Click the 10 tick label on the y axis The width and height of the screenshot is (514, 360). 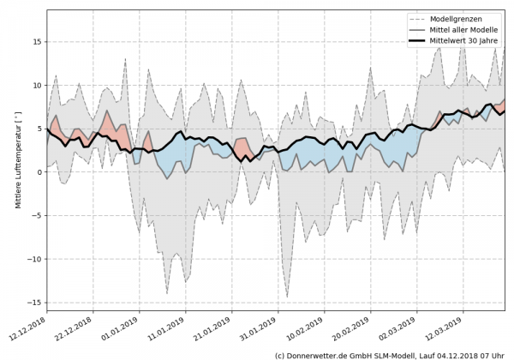point(36,85)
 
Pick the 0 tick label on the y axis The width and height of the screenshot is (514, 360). point(39,171)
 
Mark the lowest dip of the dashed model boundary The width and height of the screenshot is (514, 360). point(287,297)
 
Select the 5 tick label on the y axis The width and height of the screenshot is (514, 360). point(39,129)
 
